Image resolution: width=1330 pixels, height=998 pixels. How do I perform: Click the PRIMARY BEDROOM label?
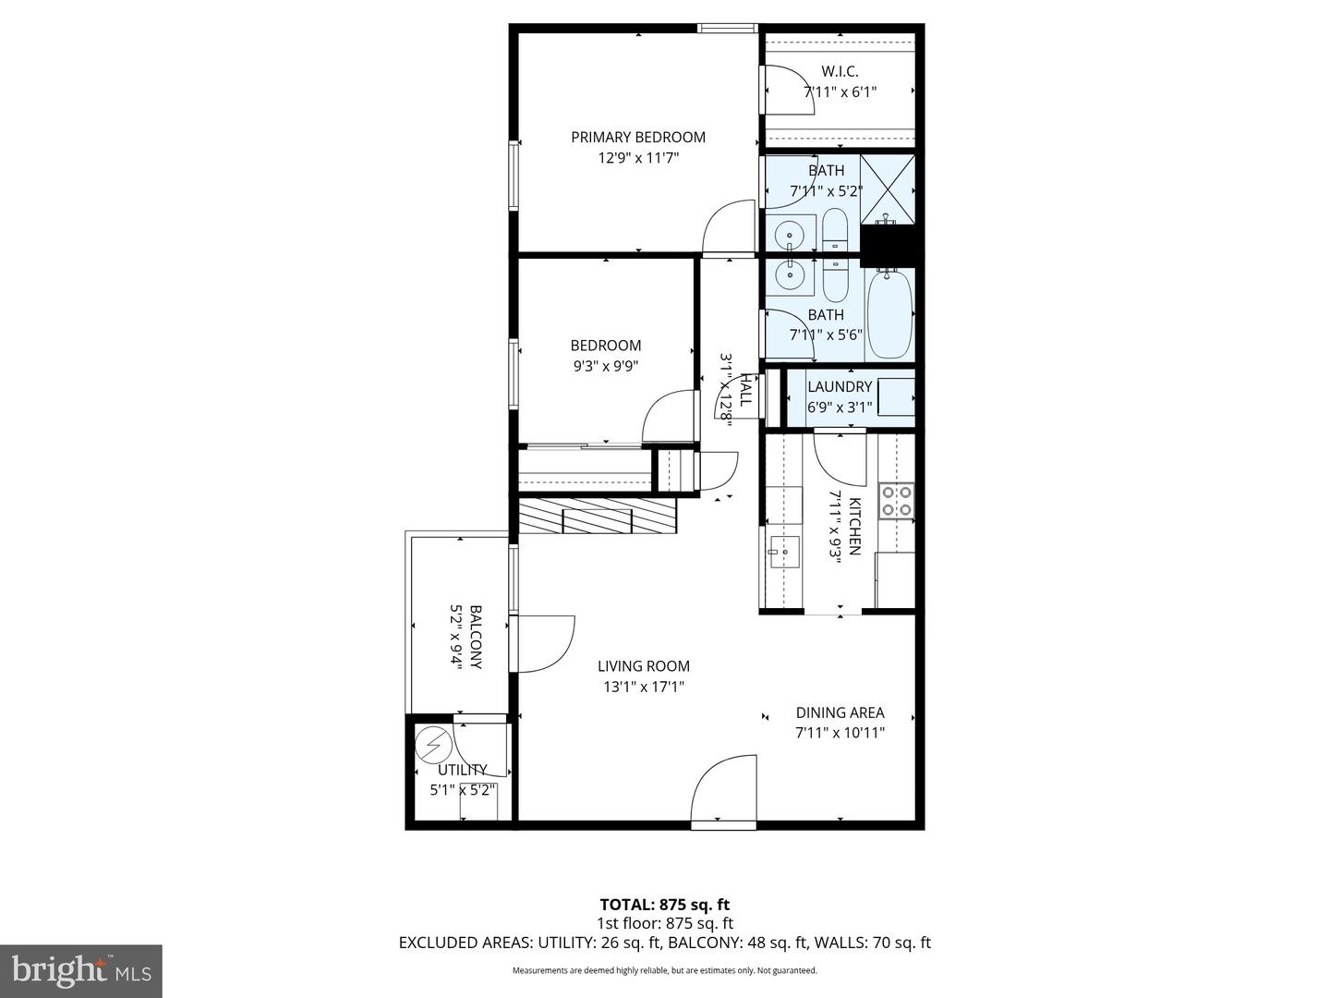(637, 137)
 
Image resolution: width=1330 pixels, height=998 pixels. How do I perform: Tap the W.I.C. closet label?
(840, 71)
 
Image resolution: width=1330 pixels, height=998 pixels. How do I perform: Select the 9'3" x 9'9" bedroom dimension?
(605, 365)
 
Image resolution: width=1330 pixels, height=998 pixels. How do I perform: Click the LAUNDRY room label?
(840, 386)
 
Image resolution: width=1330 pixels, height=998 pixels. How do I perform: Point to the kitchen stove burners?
(895, 500)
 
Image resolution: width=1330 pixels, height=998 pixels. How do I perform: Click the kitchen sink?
(782, 552)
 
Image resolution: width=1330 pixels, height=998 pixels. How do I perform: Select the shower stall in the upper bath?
(888, 189)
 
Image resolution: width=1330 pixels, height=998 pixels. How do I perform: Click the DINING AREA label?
(840, 712)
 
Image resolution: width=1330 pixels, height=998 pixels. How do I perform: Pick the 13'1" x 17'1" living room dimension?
(643, 687)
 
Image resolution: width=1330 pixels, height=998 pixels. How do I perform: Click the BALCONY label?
(476, 638)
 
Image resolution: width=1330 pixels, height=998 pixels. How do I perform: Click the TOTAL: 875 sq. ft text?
(664, 905)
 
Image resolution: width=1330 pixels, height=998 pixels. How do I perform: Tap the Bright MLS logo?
(81, 970)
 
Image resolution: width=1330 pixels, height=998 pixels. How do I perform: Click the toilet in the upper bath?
(834, 230)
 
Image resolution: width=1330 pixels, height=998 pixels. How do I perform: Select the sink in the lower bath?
(790, 274)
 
